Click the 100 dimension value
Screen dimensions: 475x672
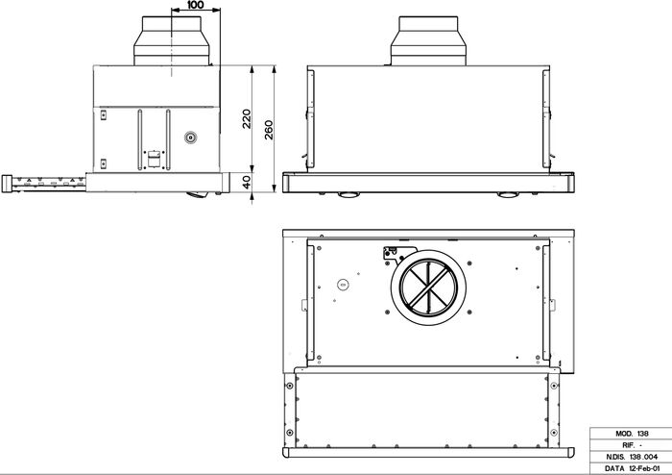tap(196, 6)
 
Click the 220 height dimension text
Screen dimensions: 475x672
tap(247, 118)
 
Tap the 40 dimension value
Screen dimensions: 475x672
tap(247, 183)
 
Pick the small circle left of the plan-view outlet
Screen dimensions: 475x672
tap(342, 285)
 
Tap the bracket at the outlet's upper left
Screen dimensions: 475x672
tap(390, 253)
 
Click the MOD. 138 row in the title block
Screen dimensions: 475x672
tap(628, 436)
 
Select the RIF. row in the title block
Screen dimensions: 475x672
tap(628, 446)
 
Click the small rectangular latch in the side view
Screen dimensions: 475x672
tap(151, 154)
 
